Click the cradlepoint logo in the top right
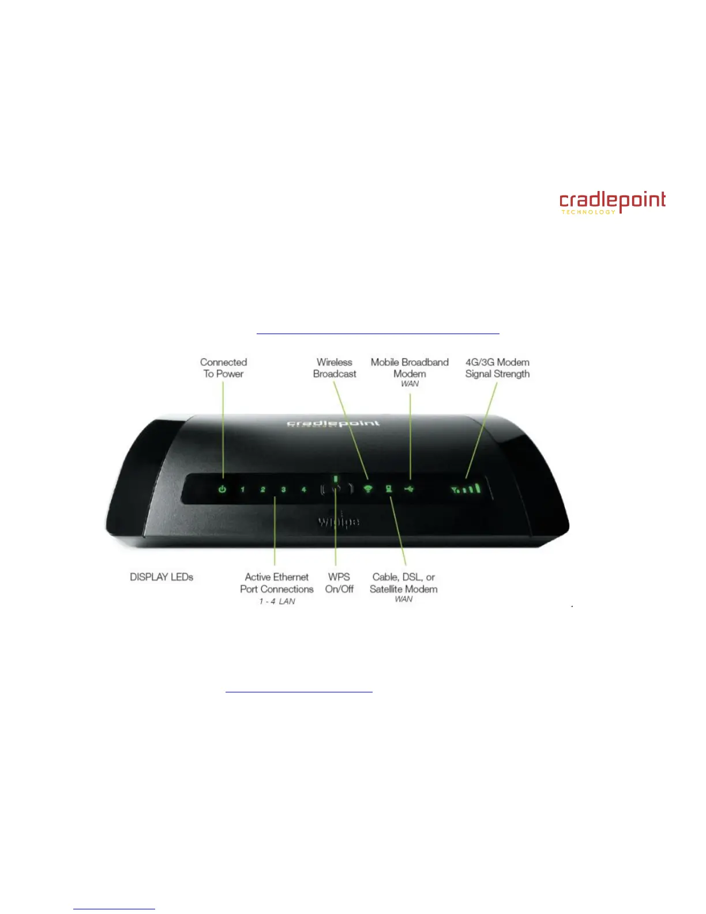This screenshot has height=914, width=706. click(612, 203)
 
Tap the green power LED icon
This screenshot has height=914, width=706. click(223, 489)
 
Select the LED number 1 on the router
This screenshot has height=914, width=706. click(243, 490)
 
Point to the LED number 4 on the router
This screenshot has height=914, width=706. click(304, 490)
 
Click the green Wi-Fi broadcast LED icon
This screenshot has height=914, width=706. click(368, 489)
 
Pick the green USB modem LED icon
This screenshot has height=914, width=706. click(410, 489)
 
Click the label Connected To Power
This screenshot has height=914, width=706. click(223, 368)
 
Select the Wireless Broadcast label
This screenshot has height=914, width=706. click(335, 368)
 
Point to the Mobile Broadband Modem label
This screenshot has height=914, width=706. click(410, 368)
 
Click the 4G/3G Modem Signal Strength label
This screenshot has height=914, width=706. click(497, 368)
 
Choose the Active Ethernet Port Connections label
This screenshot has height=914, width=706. click(277, 583)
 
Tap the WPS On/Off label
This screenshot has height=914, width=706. click(339, 583)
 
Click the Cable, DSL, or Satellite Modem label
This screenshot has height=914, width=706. click(404, 583)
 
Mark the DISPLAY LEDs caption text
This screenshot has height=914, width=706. click(162, 577)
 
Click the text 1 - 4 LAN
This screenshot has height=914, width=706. click(277, 601)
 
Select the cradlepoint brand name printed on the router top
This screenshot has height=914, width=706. click(334, 424)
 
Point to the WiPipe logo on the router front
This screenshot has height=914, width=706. click(339, 522)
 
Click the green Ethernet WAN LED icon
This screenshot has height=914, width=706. click(389, 489)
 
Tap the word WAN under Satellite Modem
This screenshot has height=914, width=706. click(404, 599)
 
